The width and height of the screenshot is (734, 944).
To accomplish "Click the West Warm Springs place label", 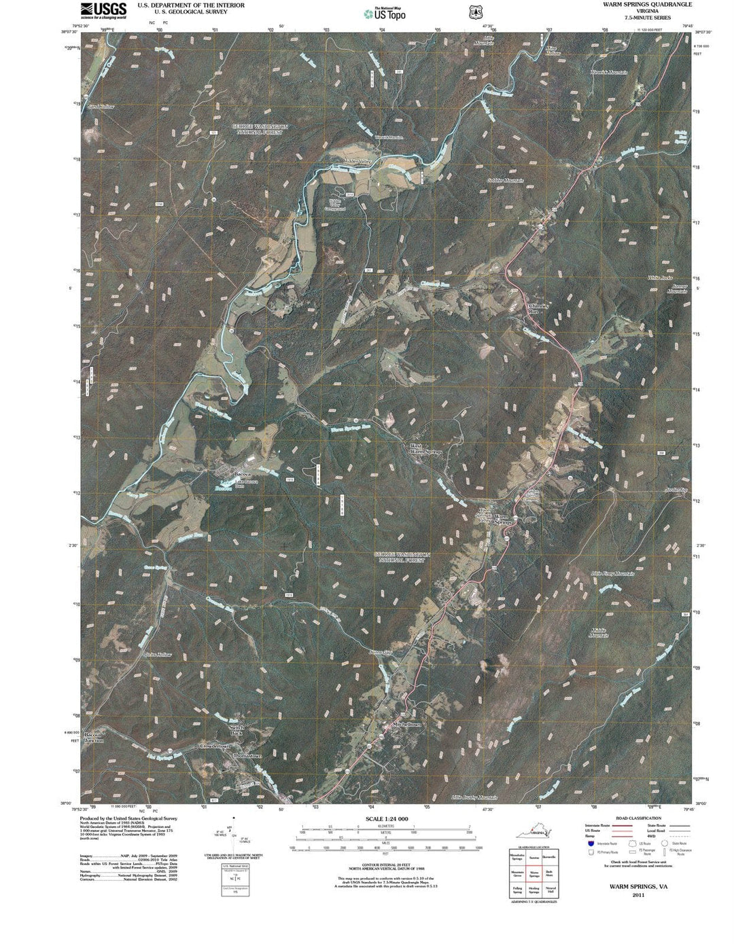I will (425, 449).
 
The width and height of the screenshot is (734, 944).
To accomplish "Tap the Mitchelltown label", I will (408, 725).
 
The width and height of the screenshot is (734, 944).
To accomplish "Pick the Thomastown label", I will (247, 756).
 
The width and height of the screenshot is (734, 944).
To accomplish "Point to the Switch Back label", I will (236, 730).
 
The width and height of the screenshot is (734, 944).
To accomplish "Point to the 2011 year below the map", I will (637, 895).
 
